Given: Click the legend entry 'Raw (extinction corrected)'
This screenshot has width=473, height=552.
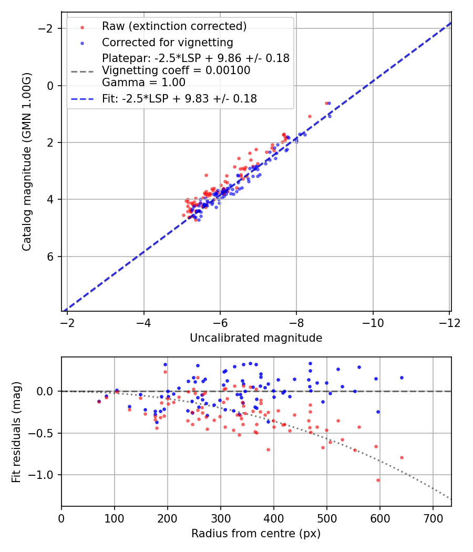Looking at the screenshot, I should [174, 26].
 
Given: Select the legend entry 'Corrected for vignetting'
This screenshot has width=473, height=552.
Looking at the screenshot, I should [168, 42].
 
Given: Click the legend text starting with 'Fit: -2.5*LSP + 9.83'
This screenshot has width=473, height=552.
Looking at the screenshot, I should [180, 98].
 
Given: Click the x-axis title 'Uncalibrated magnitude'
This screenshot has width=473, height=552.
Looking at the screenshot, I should [256, 338].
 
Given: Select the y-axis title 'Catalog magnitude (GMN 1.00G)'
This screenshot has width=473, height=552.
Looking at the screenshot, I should [27, 161].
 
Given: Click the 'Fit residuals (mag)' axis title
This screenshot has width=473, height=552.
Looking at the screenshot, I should [16, 432].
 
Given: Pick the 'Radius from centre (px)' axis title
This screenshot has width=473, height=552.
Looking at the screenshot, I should [256, 534].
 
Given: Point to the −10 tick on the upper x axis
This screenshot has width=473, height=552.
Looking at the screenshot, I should [373, 322].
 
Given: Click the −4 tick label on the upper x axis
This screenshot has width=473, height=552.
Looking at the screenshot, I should [143, 322].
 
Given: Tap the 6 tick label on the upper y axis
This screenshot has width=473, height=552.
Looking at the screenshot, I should [51, 257].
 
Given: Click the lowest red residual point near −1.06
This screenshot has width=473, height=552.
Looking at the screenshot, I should [378, 480].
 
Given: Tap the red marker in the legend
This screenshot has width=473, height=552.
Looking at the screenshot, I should [82, 26].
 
